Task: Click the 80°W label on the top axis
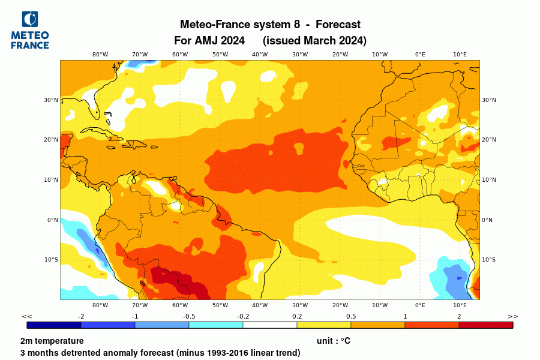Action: pos(100,55)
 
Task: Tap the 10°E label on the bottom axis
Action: pos(460,305)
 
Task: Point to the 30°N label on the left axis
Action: pos(51,100)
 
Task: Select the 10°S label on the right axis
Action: pos(489,260)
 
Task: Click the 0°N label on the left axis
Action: pos(52,220)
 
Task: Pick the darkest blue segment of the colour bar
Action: pos(54,325)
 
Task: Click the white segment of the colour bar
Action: pos(270,325)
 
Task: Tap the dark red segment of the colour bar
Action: pos(486,325)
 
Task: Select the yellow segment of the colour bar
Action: pos(324,325)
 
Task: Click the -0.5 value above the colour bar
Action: pos(189,316)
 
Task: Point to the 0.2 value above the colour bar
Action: pos(297,316)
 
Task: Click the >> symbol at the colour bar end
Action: pos(513,316)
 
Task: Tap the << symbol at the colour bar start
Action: pos(27,316)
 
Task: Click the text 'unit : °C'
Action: pos(333,341)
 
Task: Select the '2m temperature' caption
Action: pos(52,341)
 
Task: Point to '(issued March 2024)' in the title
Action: pos(314,40)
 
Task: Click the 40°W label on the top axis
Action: pos(260,55)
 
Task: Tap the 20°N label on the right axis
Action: pos(489,140)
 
